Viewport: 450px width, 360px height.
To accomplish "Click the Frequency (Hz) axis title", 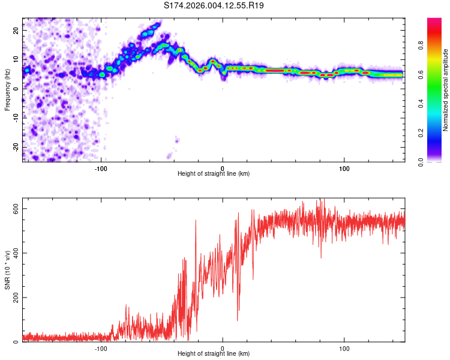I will (x=7, y=88).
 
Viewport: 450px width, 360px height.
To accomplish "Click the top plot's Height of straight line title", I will (x=214, y=174).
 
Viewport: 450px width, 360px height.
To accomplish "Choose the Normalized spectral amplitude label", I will (x=446, y=90).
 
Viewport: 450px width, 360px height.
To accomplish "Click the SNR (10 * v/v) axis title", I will (x=7, y=274).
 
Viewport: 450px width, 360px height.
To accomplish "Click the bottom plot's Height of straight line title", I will (x=214, y=354).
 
